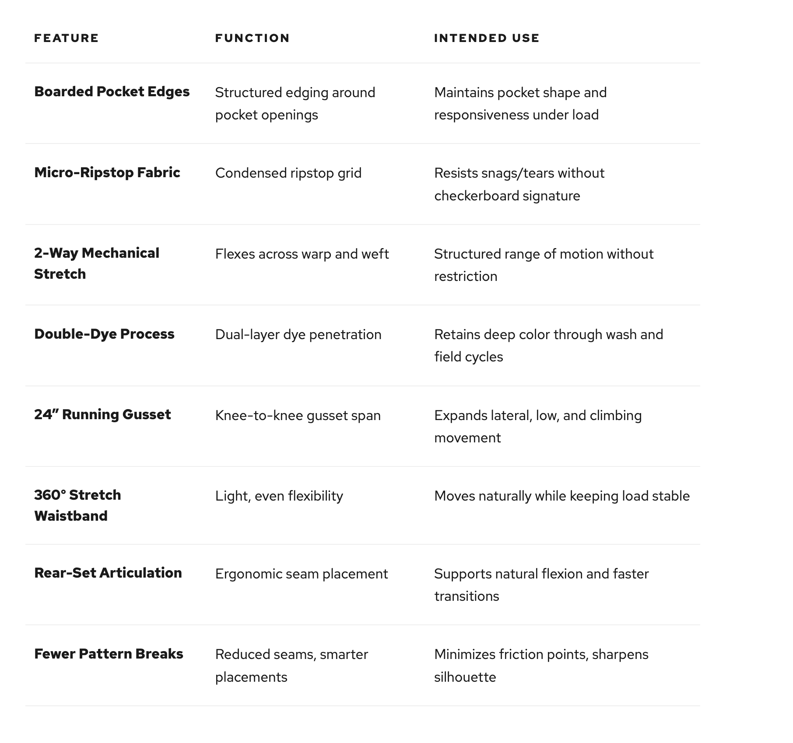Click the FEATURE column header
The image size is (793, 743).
pos(66,38)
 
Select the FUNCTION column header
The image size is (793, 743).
pos(252,38)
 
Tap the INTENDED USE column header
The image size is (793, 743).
pos(486,38)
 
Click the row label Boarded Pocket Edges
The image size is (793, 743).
pos(112,91)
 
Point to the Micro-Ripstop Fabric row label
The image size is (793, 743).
pos(107,172)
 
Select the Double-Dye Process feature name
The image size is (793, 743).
pos(104,334)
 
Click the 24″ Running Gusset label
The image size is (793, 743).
pos(102,414)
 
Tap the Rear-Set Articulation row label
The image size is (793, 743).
pos(108,573)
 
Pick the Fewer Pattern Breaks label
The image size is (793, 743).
pos(109,654)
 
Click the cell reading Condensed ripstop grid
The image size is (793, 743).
pos(288,173)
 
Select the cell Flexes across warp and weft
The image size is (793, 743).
pos(302,254)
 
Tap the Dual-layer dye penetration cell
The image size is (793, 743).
pos(298,335)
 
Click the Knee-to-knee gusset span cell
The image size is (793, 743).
pos(298,416)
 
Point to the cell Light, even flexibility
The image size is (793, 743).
pos(279,496)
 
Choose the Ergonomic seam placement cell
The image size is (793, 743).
pos(301,574)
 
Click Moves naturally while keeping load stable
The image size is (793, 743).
pos(561,496)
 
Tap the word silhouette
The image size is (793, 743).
pos(465,677)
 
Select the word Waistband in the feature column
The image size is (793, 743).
pos(71,516)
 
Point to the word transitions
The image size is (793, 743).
pos(467,596)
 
